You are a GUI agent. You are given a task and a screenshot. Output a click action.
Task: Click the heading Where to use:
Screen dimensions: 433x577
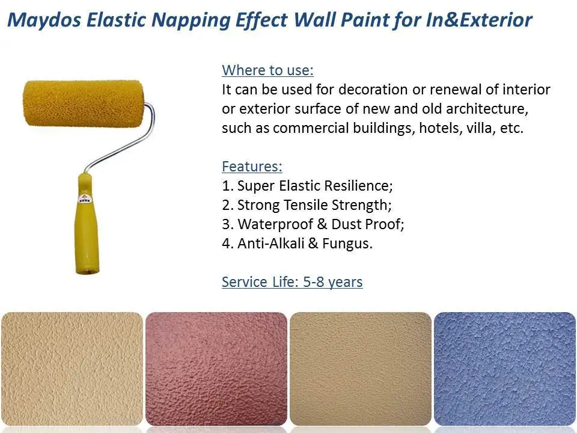tap(267, 70)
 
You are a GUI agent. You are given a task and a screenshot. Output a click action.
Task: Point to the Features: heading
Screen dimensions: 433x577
tap(252, 166)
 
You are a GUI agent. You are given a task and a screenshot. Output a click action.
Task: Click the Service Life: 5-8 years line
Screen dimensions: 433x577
tap(292, 281)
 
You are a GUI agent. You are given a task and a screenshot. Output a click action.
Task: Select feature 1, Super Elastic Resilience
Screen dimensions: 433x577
tap(307, 185)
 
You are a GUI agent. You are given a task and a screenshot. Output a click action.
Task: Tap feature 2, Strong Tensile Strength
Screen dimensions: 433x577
tap(307, 205)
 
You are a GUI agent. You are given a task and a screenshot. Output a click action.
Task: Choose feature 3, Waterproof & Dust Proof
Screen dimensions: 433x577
tap(313, 224)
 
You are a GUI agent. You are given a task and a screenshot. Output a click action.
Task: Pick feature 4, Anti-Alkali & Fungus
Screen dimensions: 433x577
tap(298, 244)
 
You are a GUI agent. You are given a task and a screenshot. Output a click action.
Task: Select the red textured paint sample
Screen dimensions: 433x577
tap(216, 368)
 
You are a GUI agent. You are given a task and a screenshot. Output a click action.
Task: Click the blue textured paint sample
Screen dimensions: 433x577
tap(505, 368)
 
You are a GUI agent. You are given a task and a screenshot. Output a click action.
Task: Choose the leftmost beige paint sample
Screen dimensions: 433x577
tap(72, 368)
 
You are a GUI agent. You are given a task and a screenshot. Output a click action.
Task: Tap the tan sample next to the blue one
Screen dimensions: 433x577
tap(361, 368)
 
